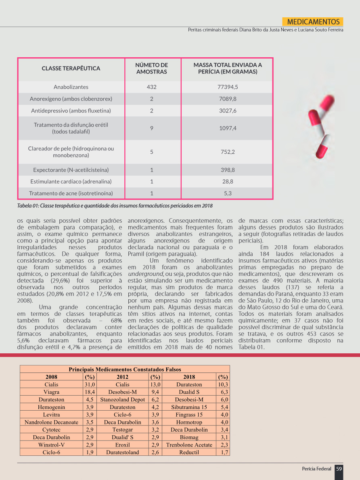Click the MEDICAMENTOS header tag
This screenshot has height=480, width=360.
pos(313,22)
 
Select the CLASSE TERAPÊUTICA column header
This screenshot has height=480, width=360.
pos(71,69)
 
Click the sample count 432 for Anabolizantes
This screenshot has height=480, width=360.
pos(151,87)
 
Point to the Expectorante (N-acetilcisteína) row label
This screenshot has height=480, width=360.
pos(71,170)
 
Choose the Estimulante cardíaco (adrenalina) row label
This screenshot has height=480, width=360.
pos(71,182)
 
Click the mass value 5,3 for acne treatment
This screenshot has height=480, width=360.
pos(227,193)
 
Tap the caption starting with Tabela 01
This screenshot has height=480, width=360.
pos(115,206)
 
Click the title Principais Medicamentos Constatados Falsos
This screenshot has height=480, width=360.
pos(125,369)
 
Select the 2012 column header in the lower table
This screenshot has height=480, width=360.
pos(122,377)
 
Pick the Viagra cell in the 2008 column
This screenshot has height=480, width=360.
pos(51,392)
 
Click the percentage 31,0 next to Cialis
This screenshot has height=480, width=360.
pos(89,384)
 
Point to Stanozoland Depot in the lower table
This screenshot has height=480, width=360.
pos(122,400)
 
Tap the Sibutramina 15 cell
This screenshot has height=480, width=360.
pos(189,407)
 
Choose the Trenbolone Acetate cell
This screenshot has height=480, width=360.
pos(189,445)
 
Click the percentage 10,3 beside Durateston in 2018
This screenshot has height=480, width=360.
pos(223,384)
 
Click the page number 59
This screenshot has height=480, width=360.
pos(339,469)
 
